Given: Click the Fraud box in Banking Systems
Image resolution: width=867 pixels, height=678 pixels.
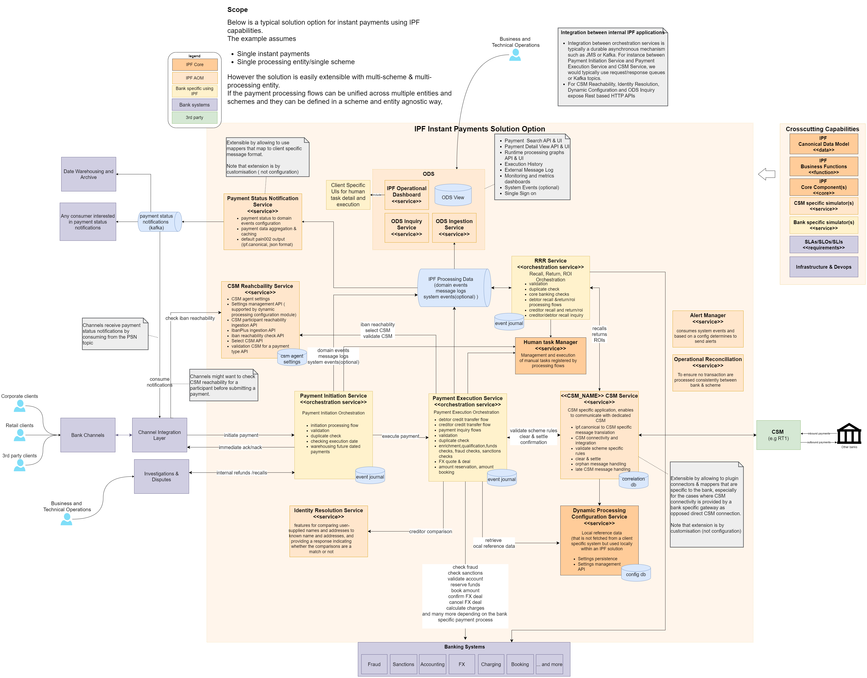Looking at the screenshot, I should pos(374,664).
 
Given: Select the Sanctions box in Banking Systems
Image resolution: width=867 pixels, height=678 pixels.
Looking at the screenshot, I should pos(403,664).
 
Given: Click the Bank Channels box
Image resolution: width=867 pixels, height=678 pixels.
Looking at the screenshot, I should pos(88,435).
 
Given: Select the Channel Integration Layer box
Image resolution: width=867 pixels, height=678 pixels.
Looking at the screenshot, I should pos(159,435).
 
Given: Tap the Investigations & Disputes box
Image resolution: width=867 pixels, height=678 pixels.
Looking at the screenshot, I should pos(161,476).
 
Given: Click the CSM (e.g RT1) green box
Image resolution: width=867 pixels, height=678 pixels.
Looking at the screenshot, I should pos(778,435).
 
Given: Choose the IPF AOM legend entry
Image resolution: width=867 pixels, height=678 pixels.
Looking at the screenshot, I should pos(195,78).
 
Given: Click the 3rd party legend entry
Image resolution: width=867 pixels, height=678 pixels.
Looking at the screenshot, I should pos(195,118).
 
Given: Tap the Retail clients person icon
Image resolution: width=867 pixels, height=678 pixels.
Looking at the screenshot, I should pos(20,435).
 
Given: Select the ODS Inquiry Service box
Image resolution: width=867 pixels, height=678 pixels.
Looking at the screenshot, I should pos(406,227).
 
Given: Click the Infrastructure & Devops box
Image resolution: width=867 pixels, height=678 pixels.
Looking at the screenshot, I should pos(823,267).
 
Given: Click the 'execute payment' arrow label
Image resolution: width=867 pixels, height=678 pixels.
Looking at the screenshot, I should pos(400,436).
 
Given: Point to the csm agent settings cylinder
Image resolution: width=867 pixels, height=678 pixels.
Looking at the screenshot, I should pos(292,358).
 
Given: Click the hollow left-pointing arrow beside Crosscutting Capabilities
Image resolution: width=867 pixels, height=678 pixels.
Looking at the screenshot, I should pos(766,174).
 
